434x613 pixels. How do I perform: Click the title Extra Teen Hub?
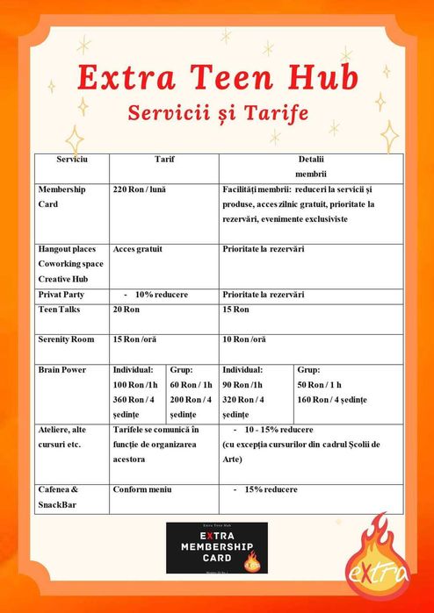coord(217,78)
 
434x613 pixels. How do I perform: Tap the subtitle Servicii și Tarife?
coord(217,113)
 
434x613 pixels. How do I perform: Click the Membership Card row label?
coord(61,196)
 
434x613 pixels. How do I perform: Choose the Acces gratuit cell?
coord(138,249)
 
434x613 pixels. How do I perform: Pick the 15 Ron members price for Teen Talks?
coord(235,310)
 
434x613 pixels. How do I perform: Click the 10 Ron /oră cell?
coord(246,339)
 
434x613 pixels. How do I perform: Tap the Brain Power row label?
coord(62,370)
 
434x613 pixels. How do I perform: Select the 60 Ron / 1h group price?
coord(191,385)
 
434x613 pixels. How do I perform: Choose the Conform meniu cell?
coord(142,488)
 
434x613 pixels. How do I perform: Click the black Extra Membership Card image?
coord(217,547)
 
